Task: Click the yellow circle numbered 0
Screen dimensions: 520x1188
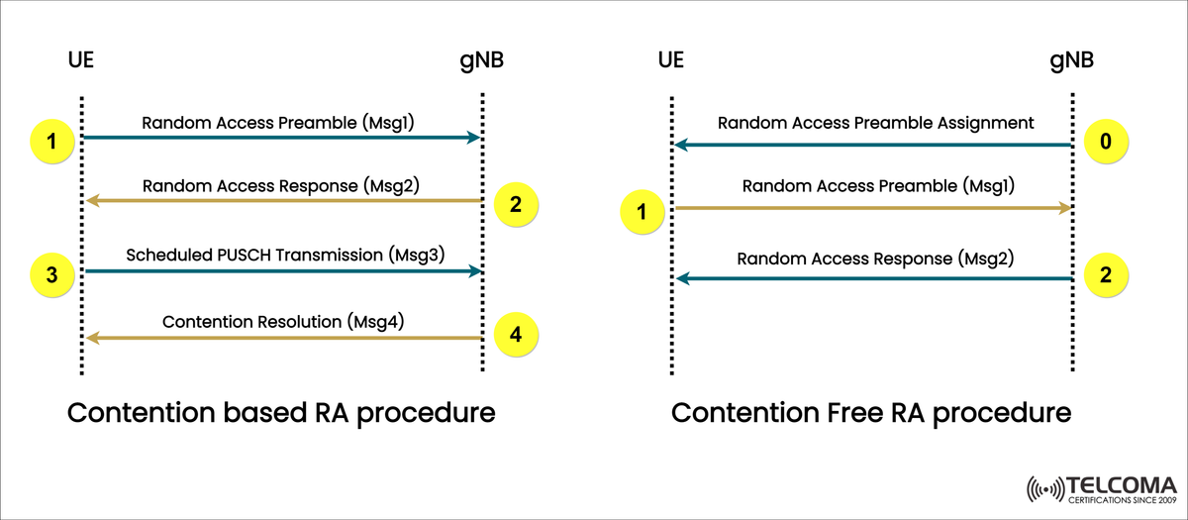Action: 1106,141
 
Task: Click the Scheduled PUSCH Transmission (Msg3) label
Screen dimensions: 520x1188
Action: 284,255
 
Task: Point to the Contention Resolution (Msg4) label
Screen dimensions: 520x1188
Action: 283,321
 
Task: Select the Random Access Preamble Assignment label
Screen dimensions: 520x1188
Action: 875,124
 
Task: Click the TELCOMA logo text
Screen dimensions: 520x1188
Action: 1121,486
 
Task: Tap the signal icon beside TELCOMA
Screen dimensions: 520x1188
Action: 1046,490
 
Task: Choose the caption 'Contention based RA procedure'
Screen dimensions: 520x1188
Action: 280,412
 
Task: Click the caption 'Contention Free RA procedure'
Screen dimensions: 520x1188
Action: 871,412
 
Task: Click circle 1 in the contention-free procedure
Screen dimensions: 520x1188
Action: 643,210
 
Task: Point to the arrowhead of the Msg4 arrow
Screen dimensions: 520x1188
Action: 91,339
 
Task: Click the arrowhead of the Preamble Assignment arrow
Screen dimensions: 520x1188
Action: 679,146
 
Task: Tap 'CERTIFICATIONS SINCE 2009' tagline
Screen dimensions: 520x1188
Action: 1121,502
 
